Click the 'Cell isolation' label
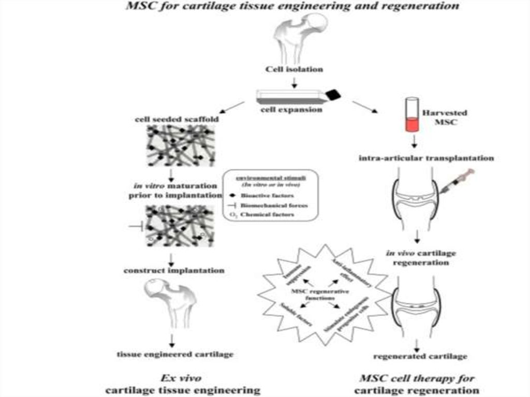295,69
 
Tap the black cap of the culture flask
333,94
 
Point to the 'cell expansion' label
294,109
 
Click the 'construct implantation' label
173,270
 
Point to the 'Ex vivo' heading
174,376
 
